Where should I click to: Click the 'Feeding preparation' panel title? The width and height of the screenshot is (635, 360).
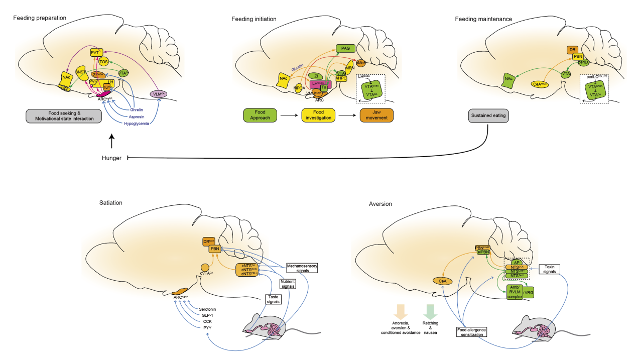40,18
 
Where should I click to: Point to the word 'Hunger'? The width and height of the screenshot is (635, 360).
111,158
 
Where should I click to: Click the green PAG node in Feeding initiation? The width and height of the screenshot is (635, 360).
345,49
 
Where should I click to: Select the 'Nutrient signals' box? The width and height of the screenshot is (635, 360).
287,284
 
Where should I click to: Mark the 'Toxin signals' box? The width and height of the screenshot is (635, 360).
549,269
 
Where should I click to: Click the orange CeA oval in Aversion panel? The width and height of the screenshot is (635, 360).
443,282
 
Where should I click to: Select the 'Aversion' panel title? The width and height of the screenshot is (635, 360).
381,204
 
